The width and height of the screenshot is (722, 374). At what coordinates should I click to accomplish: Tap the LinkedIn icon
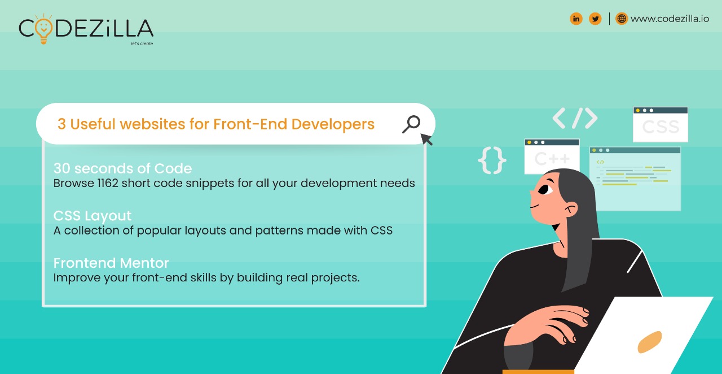[x=576, y=19]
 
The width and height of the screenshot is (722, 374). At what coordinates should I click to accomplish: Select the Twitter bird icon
[x=595, y=19]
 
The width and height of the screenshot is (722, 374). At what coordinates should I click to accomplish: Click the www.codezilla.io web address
[x=670, y=19]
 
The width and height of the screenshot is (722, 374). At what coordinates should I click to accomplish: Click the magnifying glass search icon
[x=412, y=124]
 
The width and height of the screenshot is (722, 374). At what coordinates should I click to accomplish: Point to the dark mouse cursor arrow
[x=426, y=139]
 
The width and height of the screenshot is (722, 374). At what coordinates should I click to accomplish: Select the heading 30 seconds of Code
[x=122, y=168]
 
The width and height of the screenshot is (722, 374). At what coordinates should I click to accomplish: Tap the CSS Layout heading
[x=93, y=216]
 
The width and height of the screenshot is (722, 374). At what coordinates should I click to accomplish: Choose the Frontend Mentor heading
[x=111, y=263]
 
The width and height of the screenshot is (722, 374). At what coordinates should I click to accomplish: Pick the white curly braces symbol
[x=492, y=160]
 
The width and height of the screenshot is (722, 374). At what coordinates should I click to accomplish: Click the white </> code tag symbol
[x=575, y=118]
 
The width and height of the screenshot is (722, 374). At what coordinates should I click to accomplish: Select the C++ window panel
[x=552, y=156]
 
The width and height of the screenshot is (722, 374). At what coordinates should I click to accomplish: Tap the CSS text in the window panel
[x=660, y=127]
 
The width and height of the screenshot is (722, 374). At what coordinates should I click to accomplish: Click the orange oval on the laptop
[x=650, y=341]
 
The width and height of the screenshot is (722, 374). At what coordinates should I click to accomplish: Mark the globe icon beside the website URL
[x=622, y=19]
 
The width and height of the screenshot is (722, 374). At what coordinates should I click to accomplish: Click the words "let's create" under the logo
[x=142, y=44]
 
